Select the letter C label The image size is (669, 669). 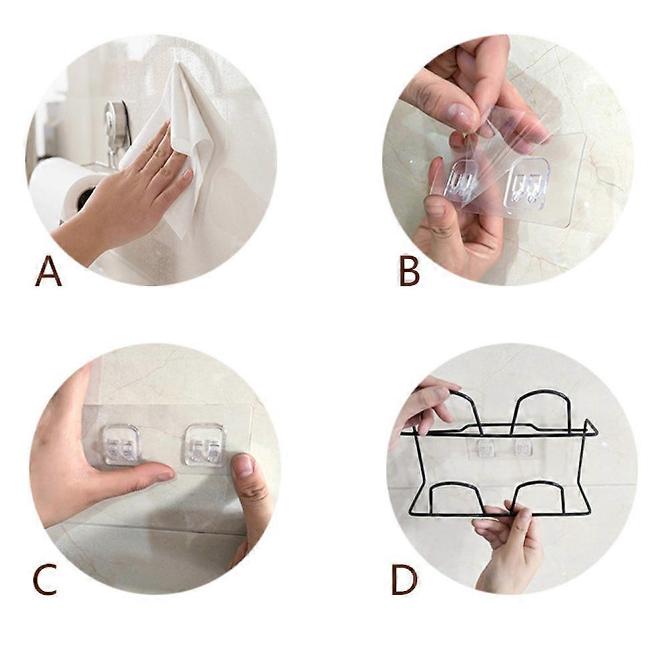45,579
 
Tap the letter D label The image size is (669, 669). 405,579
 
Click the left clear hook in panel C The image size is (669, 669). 122,444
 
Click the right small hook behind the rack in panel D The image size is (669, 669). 522,449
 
